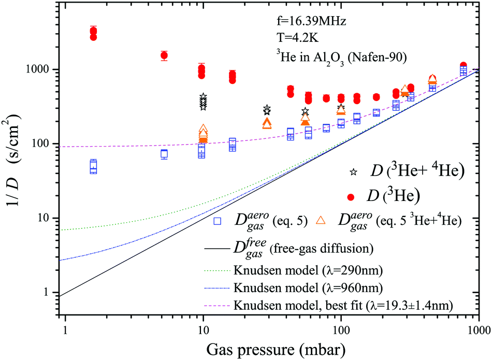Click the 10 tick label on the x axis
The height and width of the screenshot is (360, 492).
(204, 329)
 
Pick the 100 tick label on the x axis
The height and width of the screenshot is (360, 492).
(341, 329)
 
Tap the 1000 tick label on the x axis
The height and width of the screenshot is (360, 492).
(477, 329)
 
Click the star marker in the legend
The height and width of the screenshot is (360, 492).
(354, 171)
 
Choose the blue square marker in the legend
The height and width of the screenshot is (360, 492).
(218, 221)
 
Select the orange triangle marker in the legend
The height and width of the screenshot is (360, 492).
(321, 221)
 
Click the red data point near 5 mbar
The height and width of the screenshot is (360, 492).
(164, 55)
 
